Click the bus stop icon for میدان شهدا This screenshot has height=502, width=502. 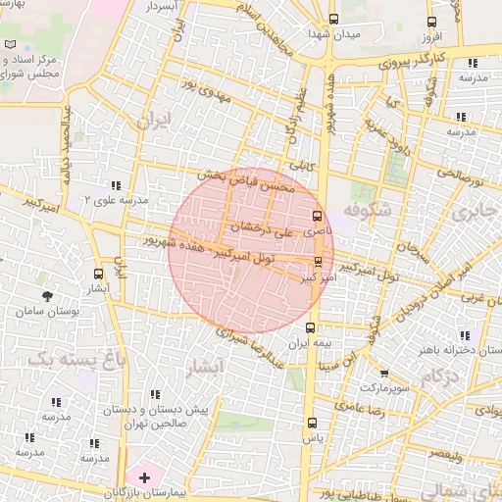pos(334,19)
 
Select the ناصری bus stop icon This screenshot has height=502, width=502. pos(317,217)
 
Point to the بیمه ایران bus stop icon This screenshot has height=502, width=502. pos(311,328)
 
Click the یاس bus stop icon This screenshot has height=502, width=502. pos(313,424)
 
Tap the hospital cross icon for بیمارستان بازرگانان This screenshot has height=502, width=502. pos(145,477)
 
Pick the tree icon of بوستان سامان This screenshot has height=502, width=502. pos(47,294)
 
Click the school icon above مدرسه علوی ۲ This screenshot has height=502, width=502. pos(116,184)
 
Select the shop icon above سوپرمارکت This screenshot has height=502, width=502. pos(383,373)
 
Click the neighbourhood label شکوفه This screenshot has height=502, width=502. pos(369,209)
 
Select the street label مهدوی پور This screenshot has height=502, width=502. pos(207,78)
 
